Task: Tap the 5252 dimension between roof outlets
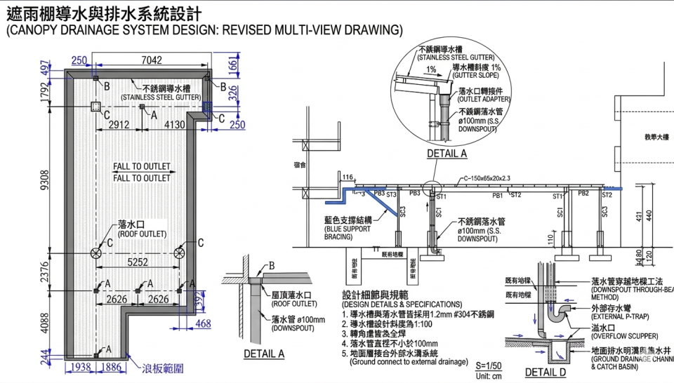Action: pyautogui.click(x=137, y=262)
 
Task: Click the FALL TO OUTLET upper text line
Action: pyautogui.click(x=142, y=167)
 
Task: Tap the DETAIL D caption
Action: pyautogui.click(x=546, y=372)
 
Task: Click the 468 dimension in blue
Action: pyautogui.click(x=204, y=324)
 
